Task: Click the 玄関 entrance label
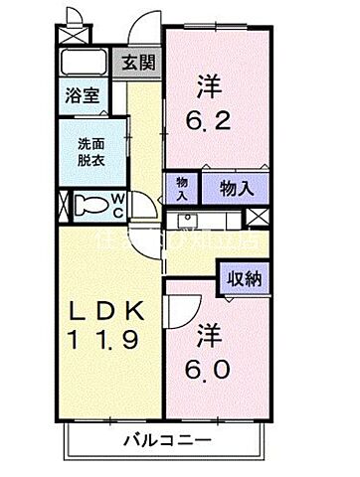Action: click(x=138, y=63)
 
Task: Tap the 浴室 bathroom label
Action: click(x=82, y=97)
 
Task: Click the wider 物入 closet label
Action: click(x=236, y=187)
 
